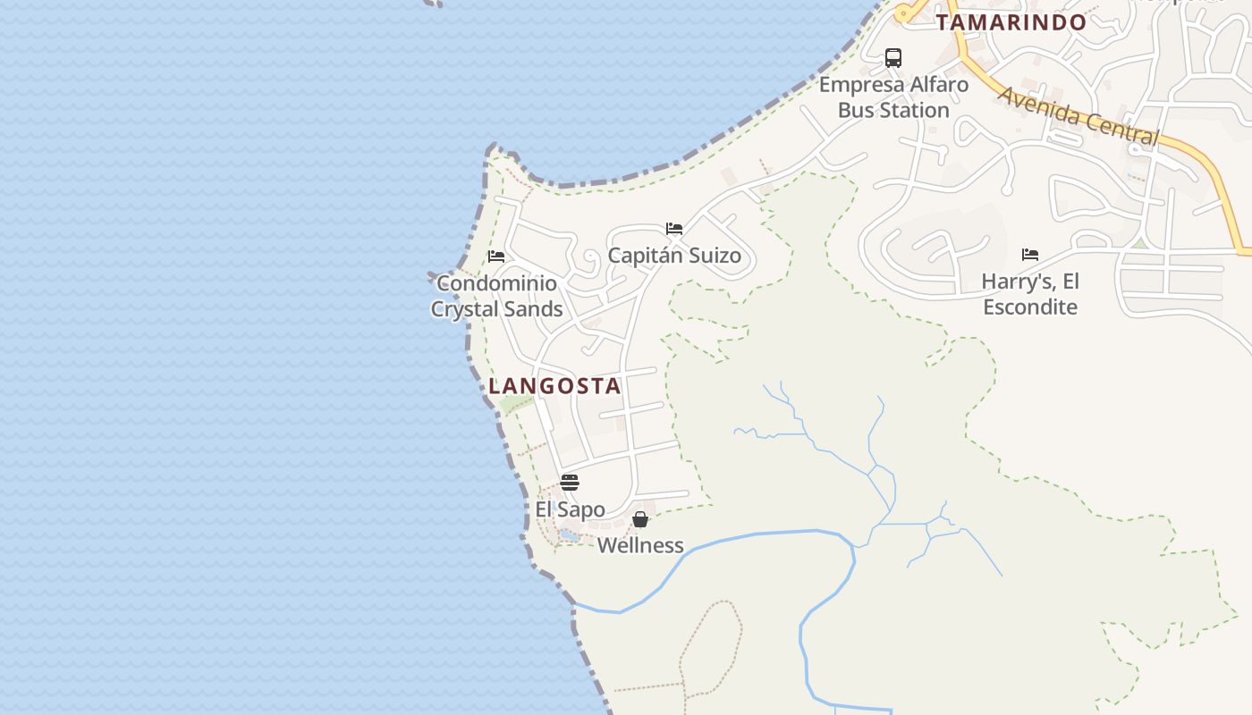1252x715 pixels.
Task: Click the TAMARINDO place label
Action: pos(1011,22)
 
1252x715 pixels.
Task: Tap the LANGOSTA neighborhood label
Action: pos(554,386)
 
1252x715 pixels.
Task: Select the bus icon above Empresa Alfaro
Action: pos(892,58)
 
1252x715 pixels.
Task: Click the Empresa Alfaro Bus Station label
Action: pos(893,97)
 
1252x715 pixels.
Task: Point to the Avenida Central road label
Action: pos(1078,115)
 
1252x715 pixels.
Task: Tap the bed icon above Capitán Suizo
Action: pos(674,229)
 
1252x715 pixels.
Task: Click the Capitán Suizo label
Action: pos(674,256)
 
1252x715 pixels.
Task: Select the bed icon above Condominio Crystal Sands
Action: pos(496,257)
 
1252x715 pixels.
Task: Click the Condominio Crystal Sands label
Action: pos(496,296)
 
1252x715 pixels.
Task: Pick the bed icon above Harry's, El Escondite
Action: pos(1030,255)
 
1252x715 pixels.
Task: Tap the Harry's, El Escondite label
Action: pos(1030,294)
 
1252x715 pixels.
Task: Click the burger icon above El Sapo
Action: pos(570,483)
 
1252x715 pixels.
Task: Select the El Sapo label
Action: pos(570,509)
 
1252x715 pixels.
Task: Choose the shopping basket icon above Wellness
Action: pos(640,519)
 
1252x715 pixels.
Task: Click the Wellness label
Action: pos(640,545)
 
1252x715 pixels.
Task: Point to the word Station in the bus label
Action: pos(913,111)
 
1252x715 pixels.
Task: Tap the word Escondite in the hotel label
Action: pos(1030,307)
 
